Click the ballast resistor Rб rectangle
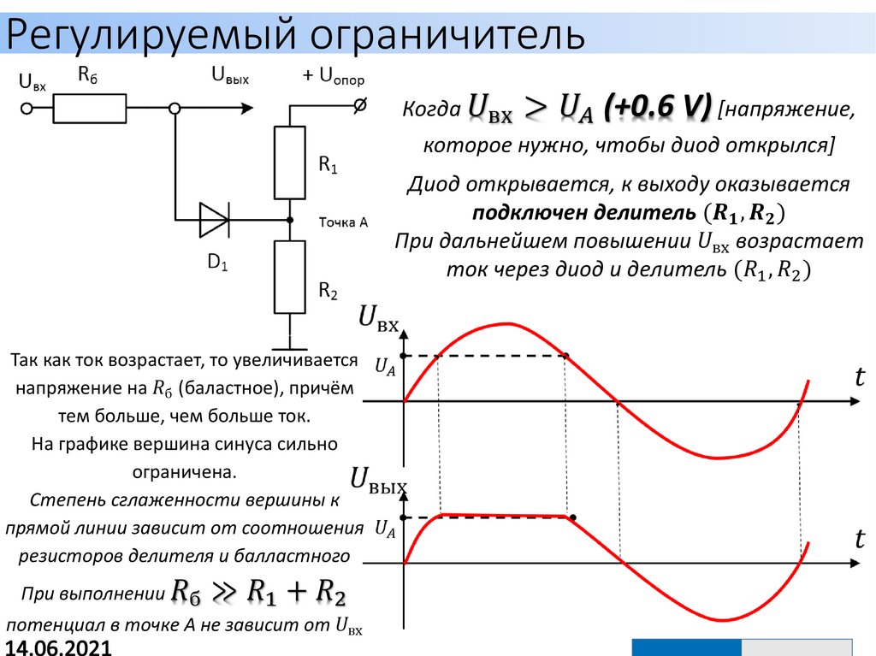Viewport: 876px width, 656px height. point(90,109)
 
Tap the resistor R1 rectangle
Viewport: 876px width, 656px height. point(290,162)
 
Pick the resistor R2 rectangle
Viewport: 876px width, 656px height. point(290,276)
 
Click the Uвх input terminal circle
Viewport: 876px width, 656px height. point(27,109)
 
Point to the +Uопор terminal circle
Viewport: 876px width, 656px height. point(361,105)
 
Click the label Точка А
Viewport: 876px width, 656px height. point(343,222)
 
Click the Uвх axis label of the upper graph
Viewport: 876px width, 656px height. point(378,319)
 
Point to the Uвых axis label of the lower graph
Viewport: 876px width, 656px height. point(378,482)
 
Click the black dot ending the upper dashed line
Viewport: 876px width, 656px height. point(565,355)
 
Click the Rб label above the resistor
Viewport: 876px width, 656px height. point(88,75)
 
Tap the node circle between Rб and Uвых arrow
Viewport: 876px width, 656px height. point(175,109)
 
